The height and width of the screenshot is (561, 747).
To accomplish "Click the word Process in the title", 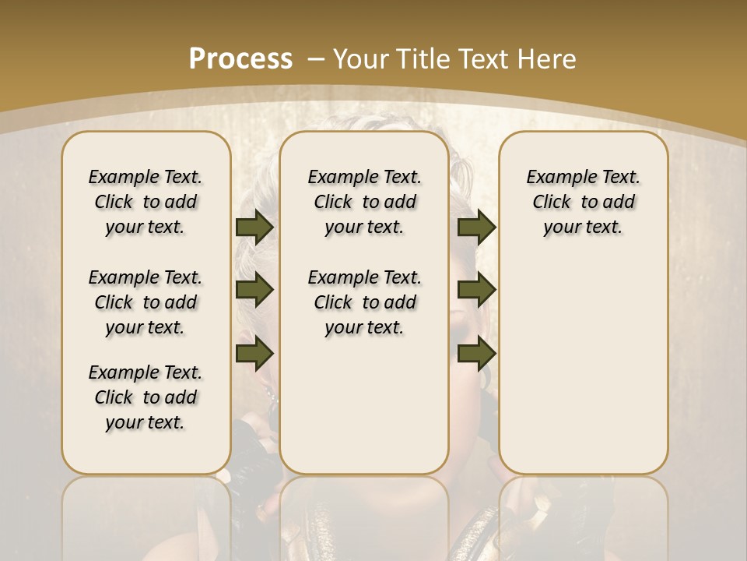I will pyautogui.click(x=240, y=58).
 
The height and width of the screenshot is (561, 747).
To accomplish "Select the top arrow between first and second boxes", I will pyautogui.click(x=254, y=227).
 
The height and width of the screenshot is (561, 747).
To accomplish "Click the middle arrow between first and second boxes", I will pyautogui.click(x=254, y=291).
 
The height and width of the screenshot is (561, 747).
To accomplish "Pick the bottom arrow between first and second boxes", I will pyautogui.click(x=254, y=355).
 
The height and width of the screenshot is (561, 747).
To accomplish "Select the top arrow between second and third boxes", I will pyautogui.click(x=476, y=227).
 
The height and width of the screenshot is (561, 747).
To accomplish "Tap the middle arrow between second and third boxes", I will pyautogui.click(x=476, y=291).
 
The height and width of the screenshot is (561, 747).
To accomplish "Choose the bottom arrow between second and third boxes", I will pyautogui.click(x=476, y=355).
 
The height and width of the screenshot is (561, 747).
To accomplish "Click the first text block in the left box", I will pyautogui.click(x=146, y=202).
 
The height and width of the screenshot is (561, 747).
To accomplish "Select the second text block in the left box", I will pyautogui.click(x=146, y=302).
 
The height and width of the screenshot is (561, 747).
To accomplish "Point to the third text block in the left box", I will pyautogui.click(x=146, y=397).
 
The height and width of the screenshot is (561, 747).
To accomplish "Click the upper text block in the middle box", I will pyautogui.click(x=364, y=202).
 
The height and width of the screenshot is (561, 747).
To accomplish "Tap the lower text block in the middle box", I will pyautogui.click(x=364, y=302).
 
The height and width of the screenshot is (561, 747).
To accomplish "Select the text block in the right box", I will pyautogui.click(x=584, y=202).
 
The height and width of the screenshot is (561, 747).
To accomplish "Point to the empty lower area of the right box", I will pyautogui.click(x=584, y=366).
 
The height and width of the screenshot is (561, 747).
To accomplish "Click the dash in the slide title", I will pyautogui.click(x=316, y=58).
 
